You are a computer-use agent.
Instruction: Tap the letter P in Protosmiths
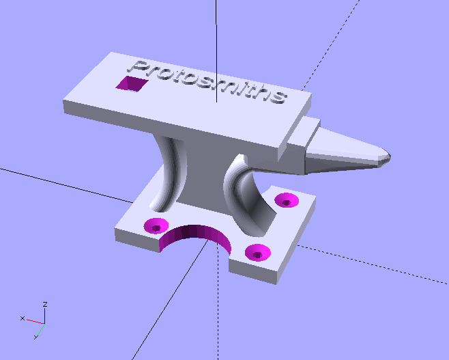(139, 68)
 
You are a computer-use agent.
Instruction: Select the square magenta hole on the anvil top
(131, 83)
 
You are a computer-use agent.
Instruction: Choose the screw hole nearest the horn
(287, 200)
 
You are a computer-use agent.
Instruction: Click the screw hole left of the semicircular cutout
(157, 225)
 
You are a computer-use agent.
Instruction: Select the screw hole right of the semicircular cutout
(257, 252)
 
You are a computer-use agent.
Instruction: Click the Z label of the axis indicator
(44, 303)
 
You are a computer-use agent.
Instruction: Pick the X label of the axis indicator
(22, 318)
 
